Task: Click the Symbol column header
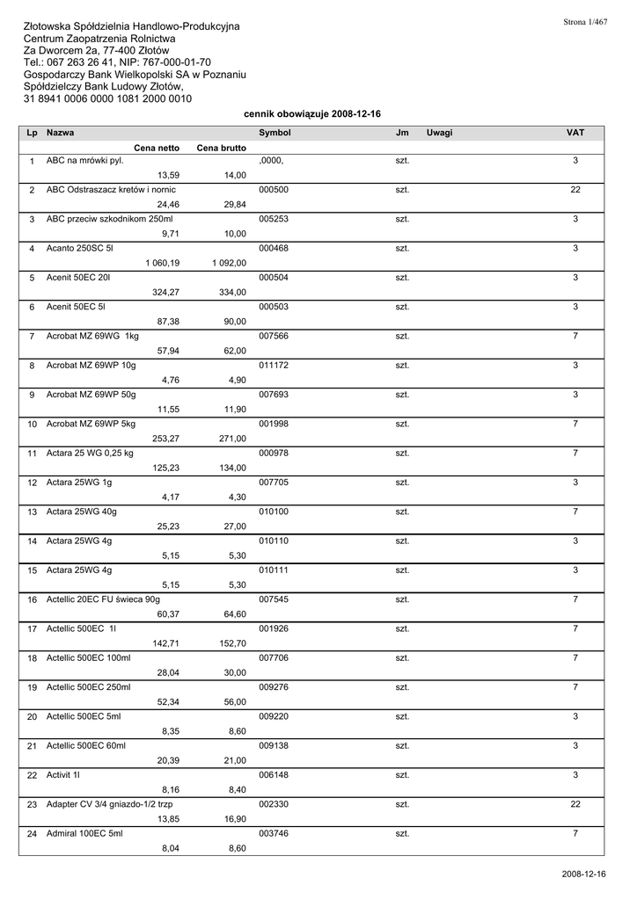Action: click(x=275, y=132)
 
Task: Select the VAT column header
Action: click(x=575, y=132)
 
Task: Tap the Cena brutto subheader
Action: click(x=222, y=148)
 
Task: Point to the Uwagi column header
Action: click(x=439, y=132)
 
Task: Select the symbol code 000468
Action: click(x=274, y=249)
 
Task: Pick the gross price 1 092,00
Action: click(x=229, y=263)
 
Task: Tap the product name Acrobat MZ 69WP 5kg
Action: click(x=91, y=424)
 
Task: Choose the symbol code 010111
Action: click(x=274, y=570)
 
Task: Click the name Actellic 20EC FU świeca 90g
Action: click(x=103, y=599)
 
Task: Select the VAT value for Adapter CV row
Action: click(x=575, y=804)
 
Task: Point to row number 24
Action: click(x=32, y=834)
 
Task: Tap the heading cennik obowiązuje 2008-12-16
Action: click(x=311, y=114)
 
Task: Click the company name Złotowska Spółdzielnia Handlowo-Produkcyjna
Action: click(x=131, y=27)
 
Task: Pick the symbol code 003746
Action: click(x=274, y=833)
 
